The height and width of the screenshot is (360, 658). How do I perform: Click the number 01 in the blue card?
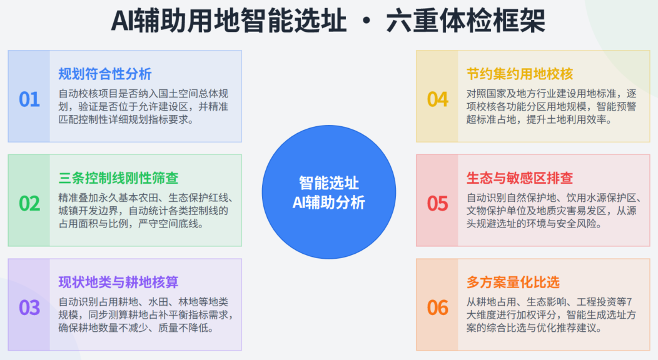[29, 99]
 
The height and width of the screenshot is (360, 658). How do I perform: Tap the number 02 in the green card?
[29, 204]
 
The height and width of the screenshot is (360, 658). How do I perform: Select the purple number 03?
[29, 307]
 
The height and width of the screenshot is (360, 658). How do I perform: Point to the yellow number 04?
[438, 99]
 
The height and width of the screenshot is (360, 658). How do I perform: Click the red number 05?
[438, 204]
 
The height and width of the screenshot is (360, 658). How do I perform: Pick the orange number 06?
[438, 307]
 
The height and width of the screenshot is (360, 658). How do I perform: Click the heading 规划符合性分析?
[105, 74]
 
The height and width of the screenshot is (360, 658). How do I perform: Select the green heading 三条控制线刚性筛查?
[118, 178]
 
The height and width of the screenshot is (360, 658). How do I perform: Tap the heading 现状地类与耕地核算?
[118, 282]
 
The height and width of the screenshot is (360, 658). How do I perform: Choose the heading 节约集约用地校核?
[520, 74]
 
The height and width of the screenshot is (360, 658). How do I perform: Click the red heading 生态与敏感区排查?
[520, 178]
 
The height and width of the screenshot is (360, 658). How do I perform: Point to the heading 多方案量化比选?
[513, 282]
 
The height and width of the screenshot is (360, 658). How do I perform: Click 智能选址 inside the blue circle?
[328, 182]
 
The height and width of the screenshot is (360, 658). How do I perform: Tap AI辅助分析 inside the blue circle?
[328, 202]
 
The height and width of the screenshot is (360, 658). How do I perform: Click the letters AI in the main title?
[122, 21]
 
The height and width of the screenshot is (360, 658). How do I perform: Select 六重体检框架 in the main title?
[465, 21]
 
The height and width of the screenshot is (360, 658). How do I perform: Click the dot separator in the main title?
[366, 21]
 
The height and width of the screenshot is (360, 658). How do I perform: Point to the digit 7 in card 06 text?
[629, 302]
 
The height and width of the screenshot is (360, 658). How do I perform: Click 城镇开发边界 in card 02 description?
[88, 211]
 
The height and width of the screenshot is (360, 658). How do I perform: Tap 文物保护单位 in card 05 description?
[496, 211]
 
